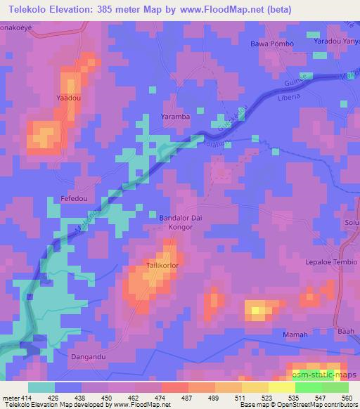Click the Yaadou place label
point(69,98)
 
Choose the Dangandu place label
point(89,356)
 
